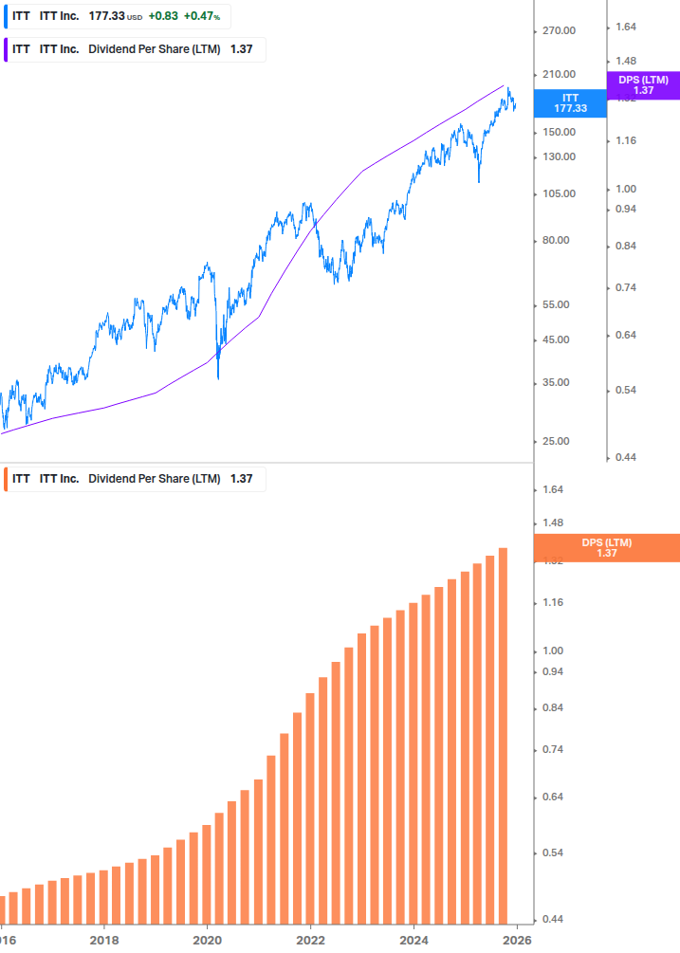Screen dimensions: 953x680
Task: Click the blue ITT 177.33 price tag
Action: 570,103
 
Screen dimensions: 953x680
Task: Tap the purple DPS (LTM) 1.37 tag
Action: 643,85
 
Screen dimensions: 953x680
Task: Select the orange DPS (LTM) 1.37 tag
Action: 607,548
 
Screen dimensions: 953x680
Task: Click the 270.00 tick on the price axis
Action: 559,31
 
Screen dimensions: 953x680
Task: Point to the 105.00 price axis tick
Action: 559,194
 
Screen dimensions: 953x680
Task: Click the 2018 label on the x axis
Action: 104,941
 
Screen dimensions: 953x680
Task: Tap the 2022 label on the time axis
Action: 311,941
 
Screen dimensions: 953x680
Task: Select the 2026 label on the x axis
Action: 516,941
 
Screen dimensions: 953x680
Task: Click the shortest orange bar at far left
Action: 2,910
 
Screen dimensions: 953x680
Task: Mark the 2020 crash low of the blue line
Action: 218,378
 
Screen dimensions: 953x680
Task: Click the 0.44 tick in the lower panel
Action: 552,920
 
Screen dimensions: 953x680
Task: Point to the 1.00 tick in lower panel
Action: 552,651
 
